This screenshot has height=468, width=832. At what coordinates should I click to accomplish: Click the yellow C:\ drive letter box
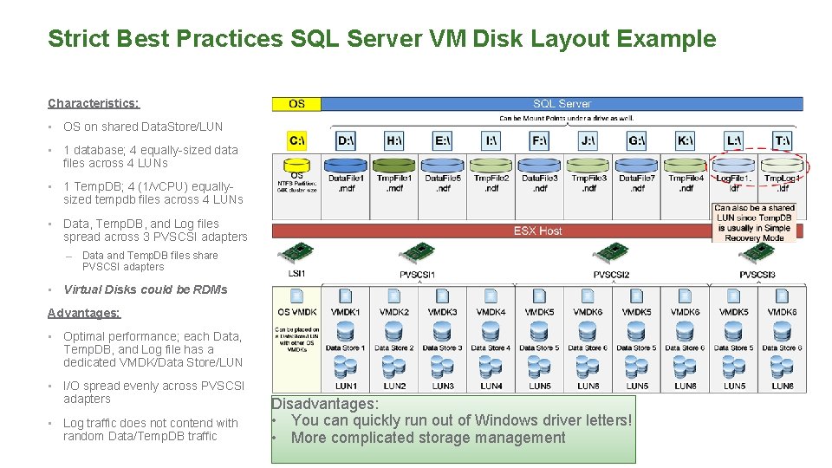pos(296,140)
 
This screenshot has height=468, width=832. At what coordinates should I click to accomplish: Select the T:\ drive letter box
pos(782,140)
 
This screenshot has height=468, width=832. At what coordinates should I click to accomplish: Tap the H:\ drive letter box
pos(393,140)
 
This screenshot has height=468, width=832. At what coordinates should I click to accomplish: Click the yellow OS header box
pos(296,104)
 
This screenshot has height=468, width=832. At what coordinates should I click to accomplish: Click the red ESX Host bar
pos(537,231)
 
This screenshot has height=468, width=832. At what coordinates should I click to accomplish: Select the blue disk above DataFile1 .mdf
pos(346,164)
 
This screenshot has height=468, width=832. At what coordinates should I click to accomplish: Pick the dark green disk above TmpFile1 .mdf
pos(394,164)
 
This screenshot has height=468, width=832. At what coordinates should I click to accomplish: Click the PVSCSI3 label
pos(757,275)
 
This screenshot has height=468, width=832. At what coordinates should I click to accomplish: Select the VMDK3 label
pos(442,312)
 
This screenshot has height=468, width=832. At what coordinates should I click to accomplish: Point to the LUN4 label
pos(491,386)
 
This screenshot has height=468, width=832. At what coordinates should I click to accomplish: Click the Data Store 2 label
pos(394,348)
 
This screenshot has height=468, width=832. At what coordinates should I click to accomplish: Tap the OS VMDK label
pos(296,312)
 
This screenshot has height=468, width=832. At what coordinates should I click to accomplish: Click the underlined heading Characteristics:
pos(94,103)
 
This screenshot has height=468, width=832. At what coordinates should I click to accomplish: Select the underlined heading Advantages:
pos(84,313)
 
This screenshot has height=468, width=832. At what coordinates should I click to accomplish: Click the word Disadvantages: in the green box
pos(324,404)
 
